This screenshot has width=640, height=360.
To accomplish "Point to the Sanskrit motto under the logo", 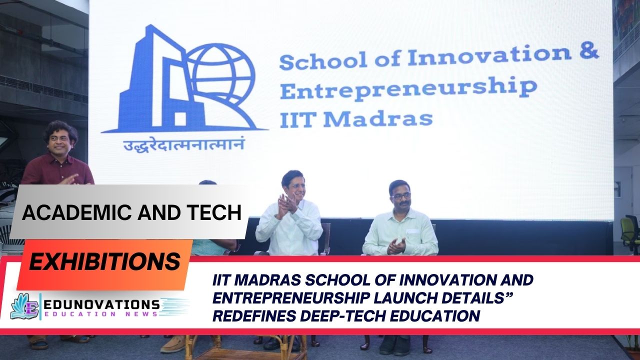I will (184, 145).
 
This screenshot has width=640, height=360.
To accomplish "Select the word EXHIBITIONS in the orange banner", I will (104, 261).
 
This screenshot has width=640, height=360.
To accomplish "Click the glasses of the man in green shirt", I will (401, 195).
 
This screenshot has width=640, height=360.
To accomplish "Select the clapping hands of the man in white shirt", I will (286, 205).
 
